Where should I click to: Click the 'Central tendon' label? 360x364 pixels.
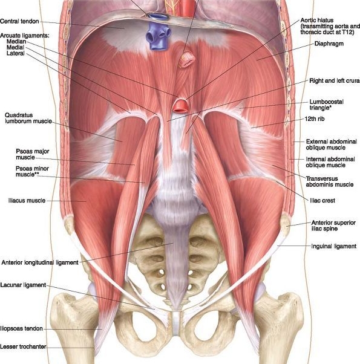coord(19,21)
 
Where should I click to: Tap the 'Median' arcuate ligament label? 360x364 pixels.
coord(16,41)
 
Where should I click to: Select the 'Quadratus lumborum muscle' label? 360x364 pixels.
coord(28,118)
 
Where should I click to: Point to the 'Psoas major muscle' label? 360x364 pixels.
coord(32,154)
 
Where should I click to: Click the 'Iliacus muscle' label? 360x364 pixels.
coord(27,200)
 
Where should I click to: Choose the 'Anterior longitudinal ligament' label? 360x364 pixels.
coord(40,262)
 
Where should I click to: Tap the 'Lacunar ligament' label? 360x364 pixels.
coord(23,285)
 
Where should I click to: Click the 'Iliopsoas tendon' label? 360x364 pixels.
coord(21,328)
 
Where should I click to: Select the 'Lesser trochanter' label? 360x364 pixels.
coord(23,346)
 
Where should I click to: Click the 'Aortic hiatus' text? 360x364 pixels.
coord(317,20)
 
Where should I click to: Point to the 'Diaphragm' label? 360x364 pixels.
coord(329,44)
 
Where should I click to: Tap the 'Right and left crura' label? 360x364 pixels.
coord(335,81)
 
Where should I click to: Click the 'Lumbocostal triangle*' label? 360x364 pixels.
coord(326,105)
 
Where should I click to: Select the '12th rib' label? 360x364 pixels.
coord(315,119)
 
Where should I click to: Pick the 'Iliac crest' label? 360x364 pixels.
coord(322,200)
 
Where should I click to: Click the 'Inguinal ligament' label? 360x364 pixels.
coord(334,246)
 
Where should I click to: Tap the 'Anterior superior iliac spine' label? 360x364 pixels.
coord(333,226)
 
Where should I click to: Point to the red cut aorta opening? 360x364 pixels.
coord(181,105)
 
